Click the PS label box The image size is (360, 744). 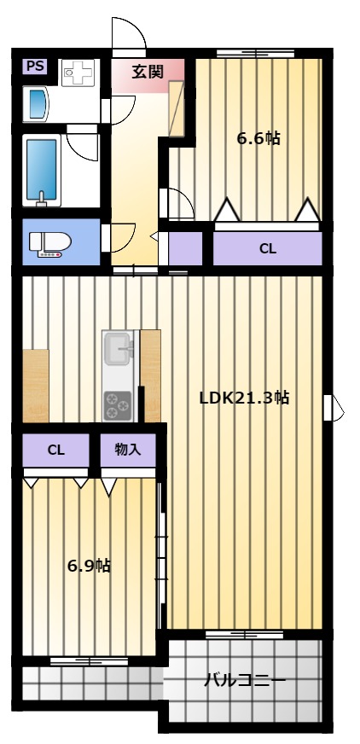click(x=35, y=67)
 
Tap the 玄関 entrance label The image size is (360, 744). click(x=148, y=72)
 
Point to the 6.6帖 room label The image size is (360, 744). click(x=258, y=138)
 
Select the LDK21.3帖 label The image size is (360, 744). click(x=244, y=398)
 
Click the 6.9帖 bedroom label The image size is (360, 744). click(x=89, y=566)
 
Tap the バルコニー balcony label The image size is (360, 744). click(x=245, y=681)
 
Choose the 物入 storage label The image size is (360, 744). click(x=128, y=449)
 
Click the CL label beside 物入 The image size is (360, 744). click(x=55, y=450)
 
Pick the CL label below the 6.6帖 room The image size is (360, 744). click(x=268, y=248)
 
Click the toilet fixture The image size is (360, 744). click(x=49, y=244)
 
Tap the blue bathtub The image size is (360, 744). click(x=42, y=171)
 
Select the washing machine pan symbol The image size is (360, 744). click(x=78, y=73)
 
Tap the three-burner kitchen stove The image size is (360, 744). click(x=117, y=405)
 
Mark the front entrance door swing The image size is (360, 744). click(x=129, y=33)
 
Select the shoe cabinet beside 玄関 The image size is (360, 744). click(x=176, y=109)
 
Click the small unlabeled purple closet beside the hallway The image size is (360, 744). click(x=185, y=248)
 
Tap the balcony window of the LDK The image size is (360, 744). click(x=244, y=635)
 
